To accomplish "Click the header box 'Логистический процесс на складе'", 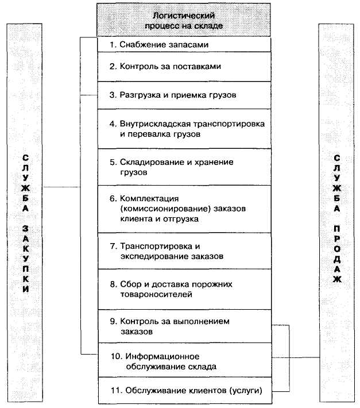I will (183, 21).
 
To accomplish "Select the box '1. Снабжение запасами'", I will (183, 45).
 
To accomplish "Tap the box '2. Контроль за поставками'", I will (183, 67).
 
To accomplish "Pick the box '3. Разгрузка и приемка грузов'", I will (183, 95).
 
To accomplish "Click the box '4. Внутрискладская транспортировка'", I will (183, 129).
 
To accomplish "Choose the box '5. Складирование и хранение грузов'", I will (183, 167).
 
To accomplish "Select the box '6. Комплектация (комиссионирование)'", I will (183, 208).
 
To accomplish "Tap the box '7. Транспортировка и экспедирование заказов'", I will (183, 251).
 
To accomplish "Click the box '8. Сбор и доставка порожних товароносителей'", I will (183, 289).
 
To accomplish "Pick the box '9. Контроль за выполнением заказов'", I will (183, 326).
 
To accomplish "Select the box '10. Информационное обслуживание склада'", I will (183, 360).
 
